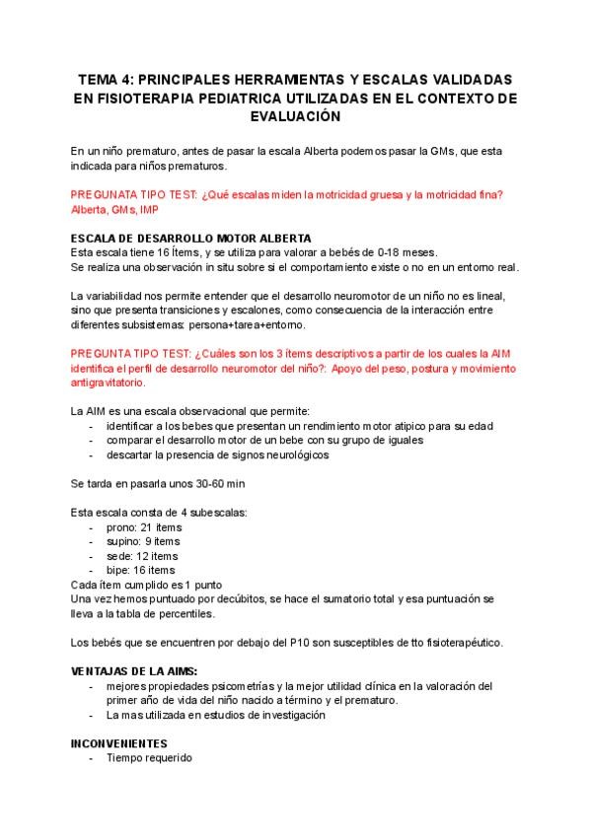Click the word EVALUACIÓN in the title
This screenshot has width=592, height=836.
coord(296,116)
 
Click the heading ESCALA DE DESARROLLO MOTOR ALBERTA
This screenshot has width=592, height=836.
coord(191,239)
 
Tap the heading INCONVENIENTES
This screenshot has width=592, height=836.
coord(119,743)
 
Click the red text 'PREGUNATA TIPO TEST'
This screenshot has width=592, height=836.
coord(132,195)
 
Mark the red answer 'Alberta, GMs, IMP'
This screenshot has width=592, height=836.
coord(114,210)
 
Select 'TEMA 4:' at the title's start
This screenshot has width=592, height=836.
coord(106,79)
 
